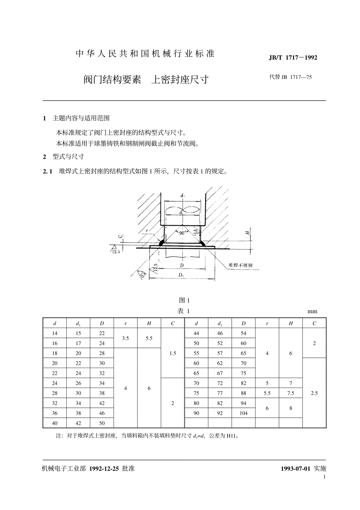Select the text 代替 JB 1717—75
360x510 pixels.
pos(290,77)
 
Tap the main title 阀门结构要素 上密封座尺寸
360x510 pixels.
pos(146,79)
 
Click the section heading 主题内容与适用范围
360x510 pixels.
pos(81,118)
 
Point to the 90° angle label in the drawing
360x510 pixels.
pos(182,233)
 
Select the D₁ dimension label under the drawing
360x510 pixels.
pos(181,275)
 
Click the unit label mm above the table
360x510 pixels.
pos(312,312)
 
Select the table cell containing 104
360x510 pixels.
pos(243,413)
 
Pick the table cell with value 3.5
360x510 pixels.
pos(125,338)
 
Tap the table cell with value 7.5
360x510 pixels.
pos(291,393)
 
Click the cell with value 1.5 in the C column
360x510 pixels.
pos(173,353)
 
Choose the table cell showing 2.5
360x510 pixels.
pos(314,393)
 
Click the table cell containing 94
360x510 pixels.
pos(243,403)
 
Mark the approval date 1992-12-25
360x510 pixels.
pos(104,468)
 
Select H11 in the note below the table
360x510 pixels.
pos(231,436)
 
